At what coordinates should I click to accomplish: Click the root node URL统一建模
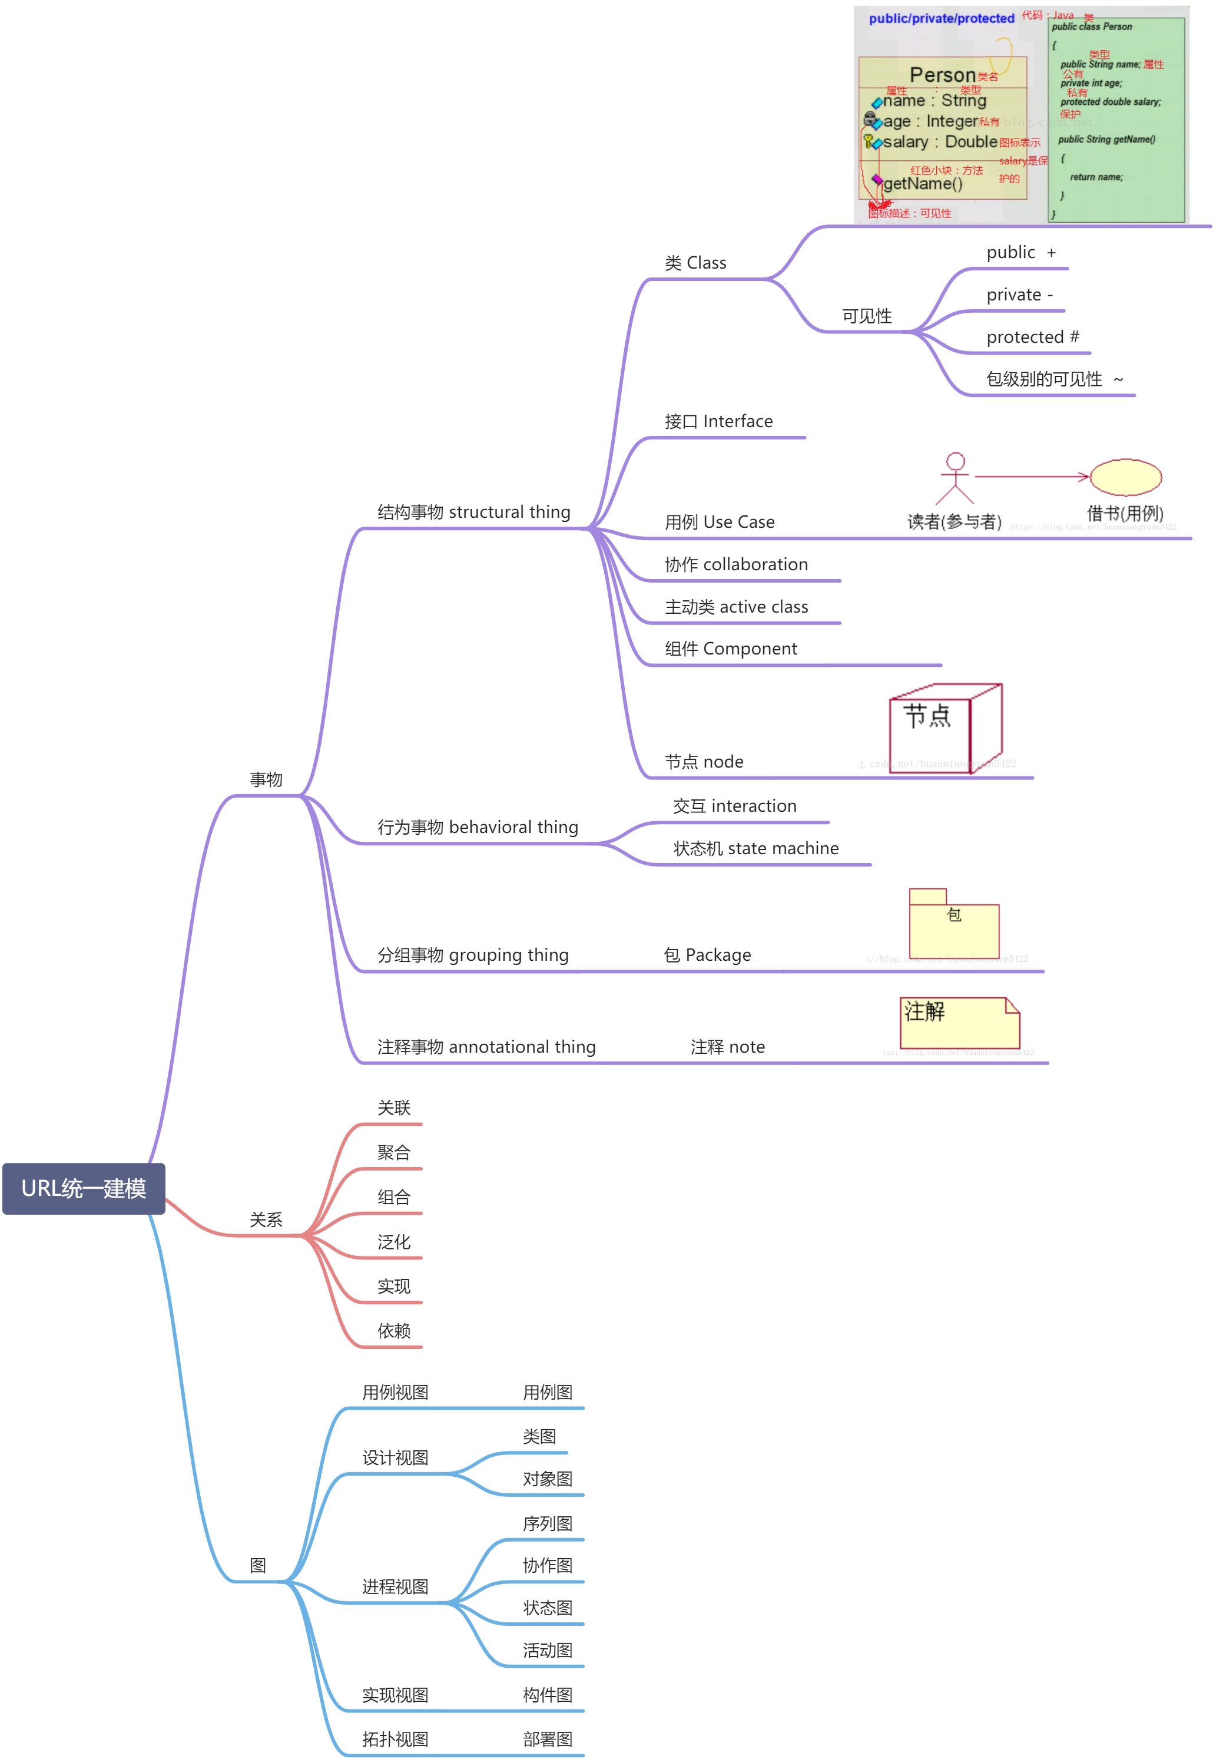[84, 1188]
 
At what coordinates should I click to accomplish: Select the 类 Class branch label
[695, 263]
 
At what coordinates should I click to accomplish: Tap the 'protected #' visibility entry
[1032, 337]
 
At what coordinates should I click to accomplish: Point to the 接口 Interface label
[718, 421]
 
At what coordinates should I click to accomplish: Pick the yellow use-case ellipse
[1126, 477]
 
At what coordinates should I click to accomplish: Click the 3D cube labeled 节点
[946, 728]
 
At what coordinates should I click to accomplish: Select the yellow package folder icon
[954, 924]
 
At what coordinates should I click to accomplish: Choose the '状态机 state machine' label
[755, 848]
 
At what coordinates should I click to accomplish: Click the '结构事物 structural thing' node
[473, 513]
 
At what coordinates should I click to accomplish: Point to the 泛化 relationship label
[394, 1242]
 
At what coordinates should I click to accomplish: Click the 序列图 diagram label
[547, 1523]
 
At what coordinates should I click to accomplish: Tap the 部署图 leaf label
[547, 1739]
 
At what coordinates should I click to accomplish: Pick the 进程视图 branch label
[395, 1586]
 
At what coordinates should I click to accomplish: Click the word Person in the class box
[943, 75]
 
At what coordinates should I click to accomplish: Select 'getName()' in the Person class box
[923, 183]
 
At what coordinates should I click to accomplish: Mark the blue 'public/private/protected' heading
[941, 18]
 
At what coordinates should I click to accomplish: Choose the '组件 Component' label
[730, 649]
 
